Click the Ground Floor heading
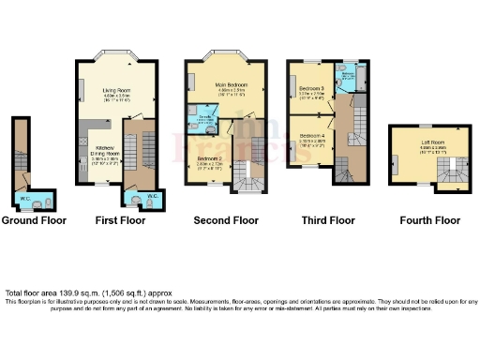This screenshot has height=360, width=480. click(x=32, y=221)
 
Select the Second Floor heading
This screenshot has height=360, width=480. click(x=225, y=221)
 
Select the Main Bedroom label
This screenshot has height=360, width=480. click(x=230, y=85)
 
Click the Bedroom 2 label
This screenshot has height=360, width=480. click(x=209, y=158)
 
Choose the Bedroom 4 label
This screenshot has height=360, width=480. click(x=310, y=137)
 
